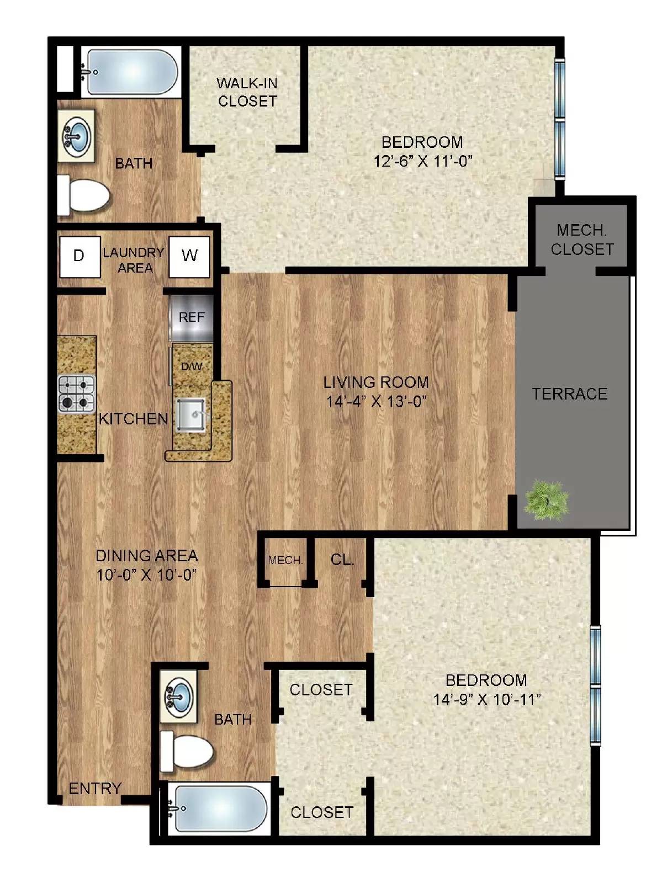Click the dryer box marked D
pos(80,257)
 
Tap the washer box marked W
pos(189,257)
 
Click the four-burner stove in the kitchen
pos(77,394)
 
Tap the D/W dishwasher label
pos(192,366)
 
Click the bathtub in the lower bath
pos(219,809)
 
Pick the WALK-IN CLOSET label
pos(247,92)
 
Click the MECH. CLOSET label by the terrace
pos(582,240)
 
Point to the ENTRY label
pos(94,789)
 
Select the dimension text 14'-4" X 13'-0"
pos(377,402)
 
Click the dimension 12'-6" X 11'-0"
pos(423,161)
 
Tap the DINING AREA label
pos(146,555)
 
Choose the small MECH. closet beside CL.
pos(285,561)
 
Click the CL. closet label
pos(342,560)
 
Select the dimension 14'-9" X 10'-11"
pos(486,700)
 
